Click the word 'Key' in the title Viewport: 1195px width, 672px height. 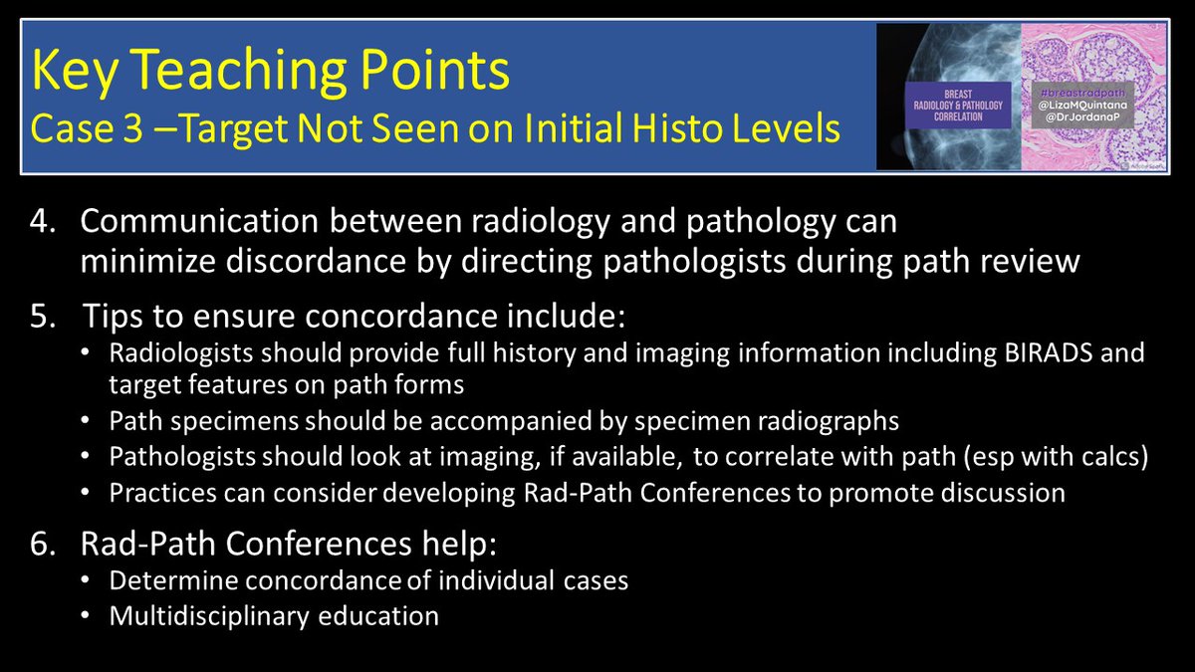click(x=74, y=72)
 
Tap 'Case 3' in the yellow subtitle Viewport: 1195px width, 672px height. click(x=87, y=129)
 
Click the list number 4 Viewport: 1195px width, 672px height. click(x=42, y=221)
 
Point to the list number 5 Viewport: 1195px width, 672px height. click(x=42, y=316)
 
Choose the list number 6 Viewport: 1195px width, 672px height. click(x=42, y=544)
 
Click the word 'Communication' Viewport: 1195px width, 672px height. click(x=199, y=221)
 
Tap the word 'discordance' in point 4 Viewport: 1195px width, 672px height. click(x=316, y=261)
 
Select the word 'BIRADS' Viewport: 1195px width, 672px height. click(x=1049, y=353)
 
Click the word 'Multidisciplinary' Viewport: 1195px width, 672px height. click(x=209, y=616)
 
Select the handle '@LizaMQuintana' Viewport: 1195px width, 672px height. click(x=1082, y=106)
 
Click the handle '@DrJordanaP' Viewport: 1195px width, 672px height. click(x=1082, y=117)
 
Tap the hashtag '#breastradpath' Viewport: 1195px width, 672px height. click(x=1082, y=93)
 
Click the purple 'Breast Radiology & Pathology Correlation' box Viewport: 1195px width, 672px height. click(x=958, y=106)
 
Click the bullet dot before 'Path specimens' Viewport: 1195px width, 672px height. click(x=86, y=420)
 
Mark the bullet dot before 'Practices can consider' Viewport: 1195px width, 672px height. click(x=86, y=492)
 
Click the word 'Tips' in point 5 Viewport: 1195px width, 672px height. click(x=114, y=317)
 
